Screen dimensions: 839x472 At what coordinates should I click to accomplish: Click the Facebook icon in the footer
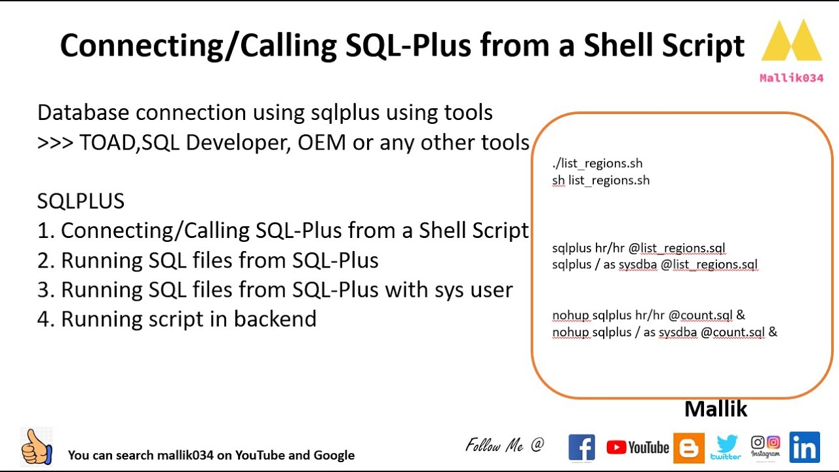click(x=581, y=447)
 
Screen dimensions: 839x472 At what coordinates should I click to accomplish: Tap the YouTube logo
click(x=638, y=447)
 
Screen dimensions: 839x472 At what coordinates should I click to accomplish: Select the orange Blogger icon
click(x=688, y=448)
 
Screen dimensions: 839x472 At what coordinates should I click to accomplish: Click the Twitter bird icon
click(x=726, y=447)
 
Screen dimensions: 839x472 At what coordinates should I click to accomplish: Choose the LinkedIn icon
click(x=804, y=447)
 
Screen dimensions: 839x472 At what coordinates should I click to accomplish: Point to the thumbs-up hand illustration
click(x=36, y=447)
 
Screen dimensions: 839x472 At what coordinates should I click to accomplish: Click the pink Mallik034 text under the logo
click(x=791, y=78)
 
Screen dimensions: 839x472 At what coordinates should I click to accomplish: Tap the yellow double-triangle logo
click(x=792, y=40)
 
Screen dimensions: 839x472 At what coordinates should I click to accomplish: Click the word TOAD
click(x=107, y=143)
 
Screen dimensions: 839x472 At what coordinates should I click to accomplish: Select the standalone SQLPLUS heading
click(x=81, y=201)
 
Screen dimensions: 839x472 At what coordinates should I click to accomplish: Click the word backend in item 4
click(x=275, y=319)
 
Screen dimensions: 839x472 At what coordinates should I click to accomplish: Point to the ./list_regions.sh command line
click(x=597, y=164)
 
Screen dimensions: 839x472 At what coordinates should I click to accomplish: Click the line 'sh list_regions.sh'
click(x=601, y=180)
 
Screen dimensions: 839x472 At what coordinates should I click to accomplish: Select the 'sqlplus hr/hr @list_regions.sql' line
click(x=638, y=248)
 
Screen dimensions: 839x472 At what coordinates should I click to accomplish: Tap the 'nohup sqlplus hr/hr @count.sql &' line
click(x=648, y=315)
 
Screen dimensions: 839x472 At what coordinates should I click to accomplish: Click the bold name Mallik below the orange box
click(x=716, y=408)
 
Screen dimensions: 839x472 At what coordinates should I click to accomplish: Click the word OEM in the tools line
click(x=322, y=143)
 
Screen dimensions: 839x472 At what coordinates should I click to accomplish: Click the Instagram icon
click(x=765, y=446)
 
